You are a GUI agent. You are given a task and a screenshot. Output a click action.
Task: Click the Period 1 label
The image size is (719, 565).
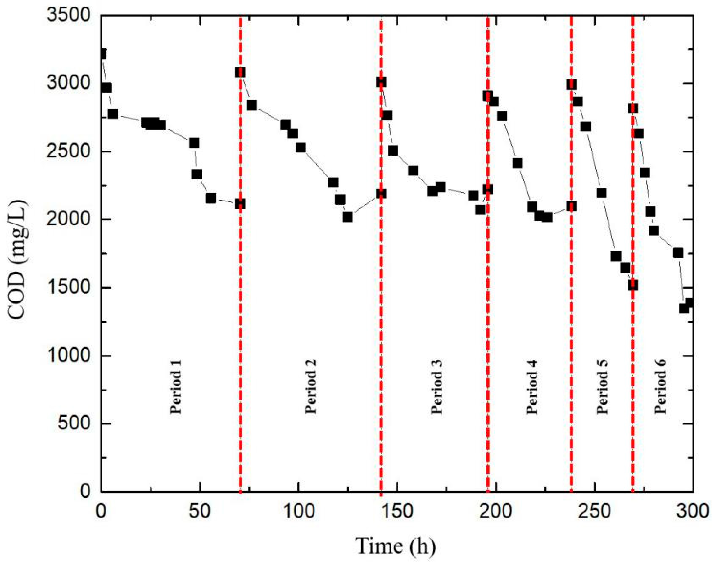[x=176, y=386]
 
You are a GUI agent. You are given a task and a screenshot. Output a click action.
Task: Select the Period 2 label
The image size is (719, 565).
[x=310, y=386]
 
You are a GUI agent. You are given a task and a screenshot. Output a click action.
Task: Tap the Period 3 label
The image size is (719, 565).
[x=437, y=386]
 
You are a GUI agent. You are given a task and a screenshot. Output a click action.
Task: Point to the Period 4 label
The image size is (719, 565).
[x=532, y=386]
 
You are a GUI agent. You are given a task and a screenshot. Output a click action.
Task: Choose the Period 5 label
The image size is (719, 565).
[x=602, y=386]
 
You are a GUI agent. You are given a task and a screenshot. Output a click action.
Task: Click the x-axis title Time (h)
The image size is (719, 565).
[x=396, y=546]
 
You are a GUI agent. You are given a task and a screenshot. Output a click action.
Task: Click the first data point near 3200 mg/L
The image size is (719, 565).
[x=102, y=54]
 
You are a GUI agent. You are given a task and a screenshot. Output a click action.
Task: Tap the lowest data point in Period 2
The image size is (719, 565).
[x=348, y=217]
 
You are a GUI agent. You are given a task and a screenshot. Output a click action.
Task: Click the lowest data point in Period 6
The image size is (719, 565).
[x=684, y=309]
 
